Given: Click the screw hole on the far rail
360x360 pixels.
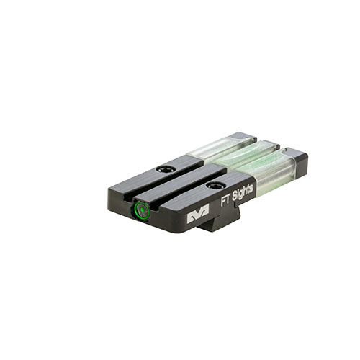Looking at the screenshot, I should [x=168, y=169].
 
